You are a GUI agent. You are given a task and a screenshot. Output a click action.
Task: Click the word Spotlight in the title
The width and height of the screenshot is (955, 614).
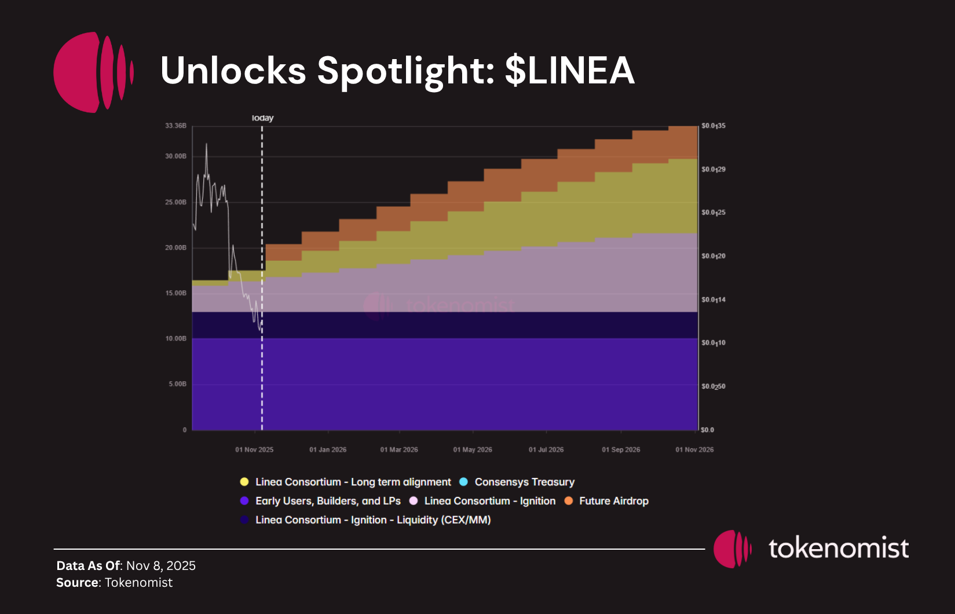click(405, 71)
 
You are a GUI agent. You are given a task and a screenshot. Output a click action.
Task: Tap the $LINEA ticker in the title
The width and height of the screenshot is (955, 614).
click(570, 71)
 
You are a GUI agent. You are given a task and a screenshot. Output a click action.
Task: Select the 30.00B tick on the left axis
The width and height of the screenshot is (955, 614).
click(176, 156)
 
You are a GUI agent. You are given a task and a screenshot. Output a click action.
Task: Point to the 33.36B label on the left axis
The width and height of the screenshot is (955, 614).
click(176, 126)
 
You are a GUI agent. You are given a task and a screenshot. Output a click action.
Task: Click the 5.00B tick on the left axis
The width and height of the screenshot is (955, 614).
click(178, 384)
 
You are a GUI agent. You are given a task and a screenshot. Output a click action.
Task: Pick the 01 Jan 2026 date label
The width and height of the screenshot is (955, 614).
click(328, 449)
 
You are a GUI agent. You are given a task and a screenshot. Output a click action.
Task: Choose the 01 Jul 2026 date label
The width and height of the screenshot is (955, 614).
click(546, 449)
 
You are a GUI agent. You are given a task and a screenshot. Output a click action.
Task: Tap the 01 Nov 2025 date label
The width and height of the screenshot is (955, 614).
click(254, 449)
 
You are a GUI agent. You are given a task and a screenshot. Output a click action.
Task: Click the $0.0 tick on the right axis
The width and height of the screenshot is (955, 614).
click(707, 430)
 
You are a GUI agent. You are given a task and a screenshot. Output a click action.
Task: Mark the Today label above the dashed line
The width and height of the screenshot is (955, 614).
click(262, 118)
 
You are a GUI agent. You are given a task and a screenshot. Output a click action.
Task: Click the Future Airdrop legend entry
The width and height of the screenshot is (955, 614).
click(613, 501)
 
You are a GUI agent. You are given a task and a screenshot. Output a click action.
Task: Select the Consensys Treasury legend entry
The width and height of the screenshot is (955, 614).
click(524, 482)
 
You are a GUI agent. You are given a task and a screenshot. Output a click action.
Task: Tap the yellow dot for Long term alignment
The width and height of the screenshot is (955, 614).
click(244, 482)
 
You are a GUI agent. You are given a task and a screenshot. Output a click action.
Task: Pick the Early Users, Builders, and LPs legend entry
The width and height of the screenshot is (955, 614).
click(328, 501)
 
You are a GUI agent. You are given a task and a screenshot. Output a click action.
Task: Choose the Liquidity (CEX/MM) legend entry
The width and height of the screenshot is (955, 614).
click(373, 520)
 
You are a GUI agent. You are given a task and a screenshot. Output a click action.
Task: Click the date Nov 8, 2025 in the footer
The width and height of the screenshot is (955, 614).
click(161, 565)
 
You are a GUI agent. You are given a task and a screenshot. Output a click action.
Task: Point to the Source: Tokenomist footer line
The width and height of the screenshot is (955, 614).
click(115, 583)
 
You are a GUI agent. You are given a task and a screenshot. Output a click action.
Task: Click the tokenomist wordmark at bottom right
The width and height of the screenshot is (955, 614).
click(838, 549)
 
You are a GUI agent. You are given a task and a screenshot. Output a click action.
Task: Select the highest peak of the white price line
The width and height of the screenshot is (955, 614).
click(206, 144)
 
